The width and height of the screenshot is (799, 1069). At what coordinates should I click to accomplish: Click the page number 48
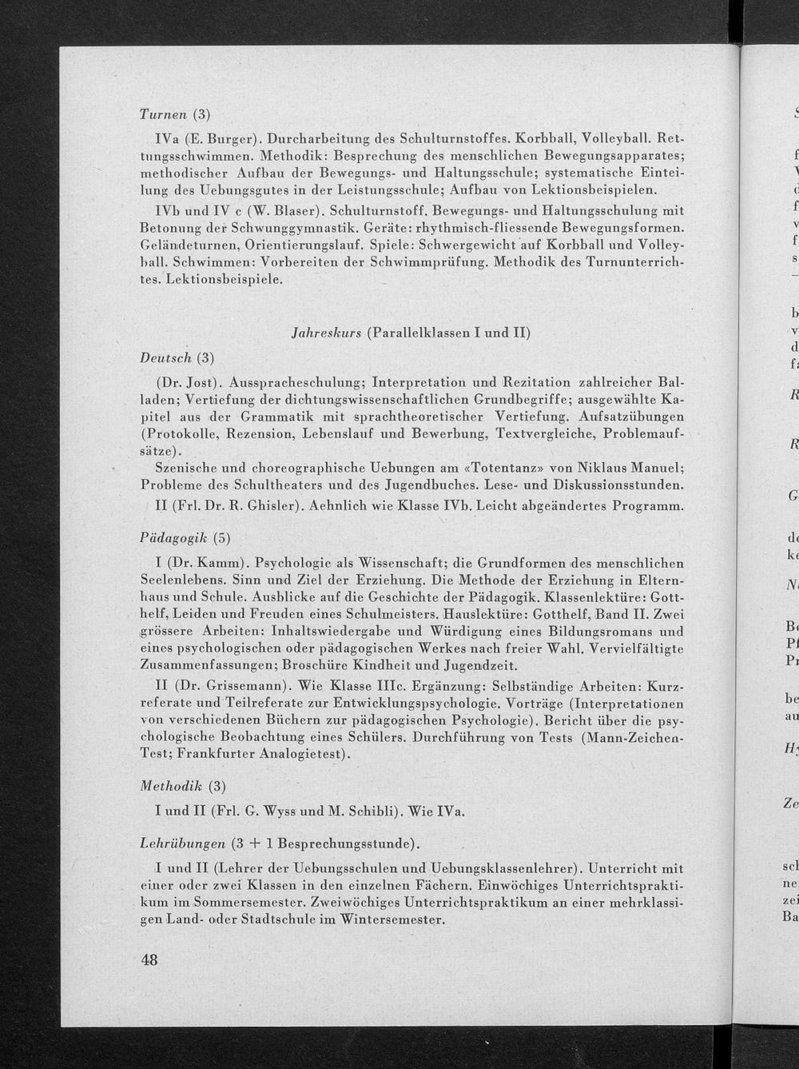(149, 960)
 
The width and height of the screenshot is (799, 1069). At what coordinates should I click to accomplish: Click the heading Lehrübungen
(181, 843)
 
